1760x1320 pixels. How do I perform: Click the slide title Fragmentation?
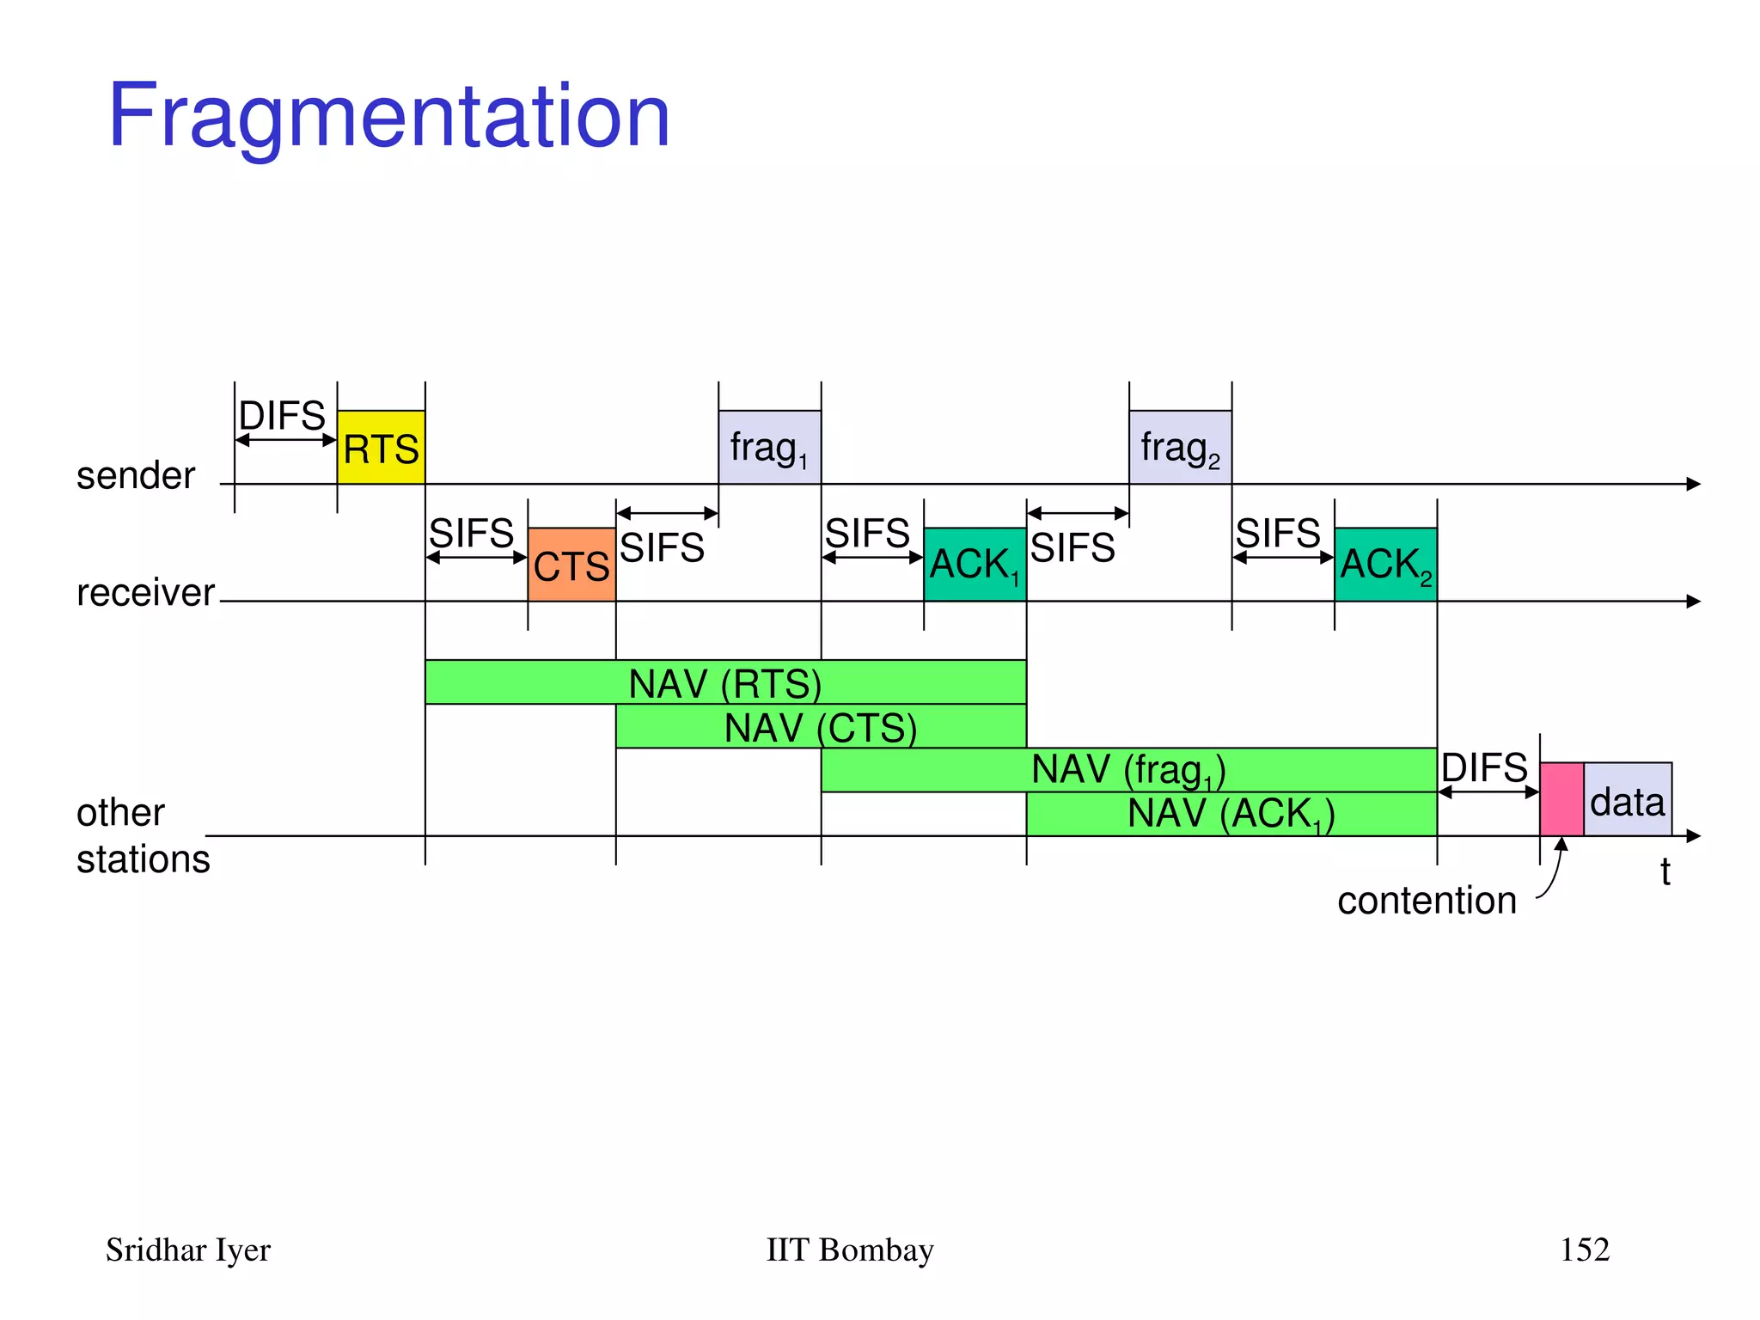click(388, 116)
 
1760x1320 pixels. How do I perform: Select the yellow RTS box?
click(381, 448)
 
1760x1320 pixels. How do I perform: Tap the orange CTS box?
click(571, 565)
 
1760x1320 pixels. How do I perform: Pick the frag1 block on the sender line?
click(769, 448)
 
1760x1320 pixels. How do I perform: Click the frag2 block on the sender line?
click(1180, 448)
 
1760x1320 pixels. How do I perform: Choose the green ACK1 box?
click(975, 565)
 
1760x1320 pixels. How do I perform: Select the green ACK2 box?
click(1385, 565)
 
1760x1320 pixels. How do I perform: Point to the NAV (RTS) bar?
click(725, 683)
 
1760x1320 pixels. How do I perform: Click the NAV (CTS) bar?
click(821, 727)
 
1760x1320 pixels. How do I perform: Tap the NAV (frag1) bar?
click(1128, 770)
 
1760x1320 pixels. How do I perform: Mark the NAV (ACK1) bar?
click(1231, 814)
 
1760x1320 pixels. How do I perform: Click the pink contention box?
click(1561, 799)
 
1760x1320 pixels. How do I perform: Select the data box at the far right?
click(1628, 801)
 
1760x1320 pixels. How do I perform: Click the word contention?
click(1427, 901)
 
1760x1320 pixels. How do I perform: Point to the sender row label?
click(136, 475)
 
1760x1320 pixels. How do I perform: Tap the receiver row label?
click(145, 592)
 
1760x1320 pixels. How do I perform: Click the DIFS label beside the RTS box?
click(282, 416)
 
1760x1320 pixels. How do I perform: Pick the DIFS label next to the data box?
click(1484, 767)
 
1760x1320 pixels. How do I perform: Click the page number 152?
click(1585, 1250)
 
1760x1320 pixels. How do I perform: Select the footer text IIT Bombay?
click(849, 1250)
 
